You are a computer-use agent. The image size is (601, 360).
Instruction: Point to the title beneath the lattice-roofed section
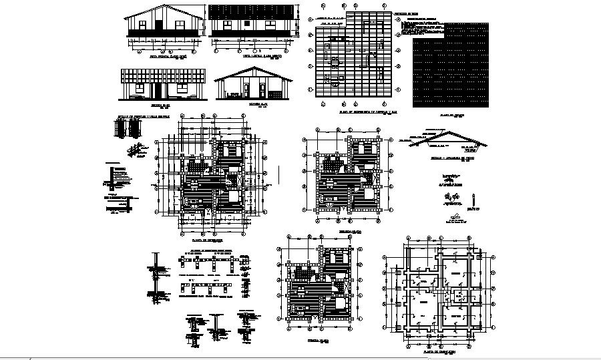tap(156, 106)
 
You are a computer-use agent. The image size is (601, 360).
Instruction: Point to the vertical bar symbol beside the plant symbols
tap(473, 199)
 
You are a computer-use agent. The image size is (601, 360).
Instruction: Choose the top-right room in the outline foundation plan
tap(457, 272)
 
